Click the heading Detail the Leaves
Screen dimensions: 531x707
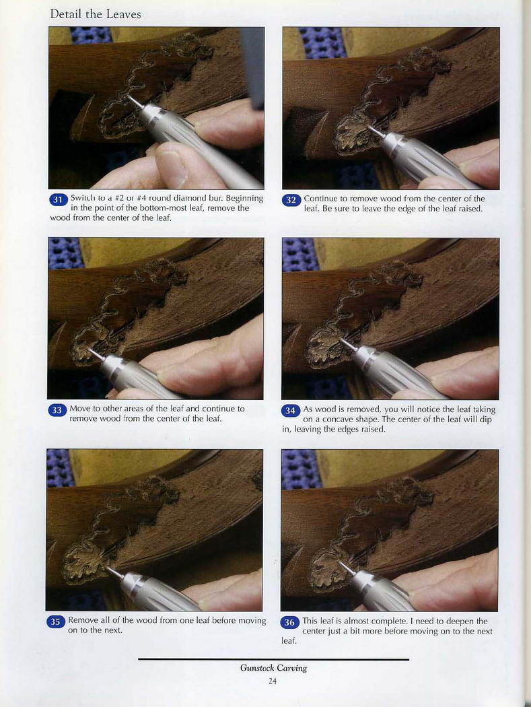tap(95, 14)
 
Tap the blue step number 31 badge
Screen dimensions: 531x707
tap(58, 199)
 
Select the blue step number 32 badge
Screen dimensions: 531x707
tap(291, 200)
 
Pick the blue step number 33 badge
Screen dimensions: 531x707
tap(57, 410)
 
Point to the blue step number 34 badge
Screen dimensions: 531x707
tap(290, 410)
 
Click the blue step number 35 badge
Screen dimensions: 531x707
tap(55, 621)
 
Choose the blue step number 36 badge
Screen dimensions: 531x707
tap(289, 622)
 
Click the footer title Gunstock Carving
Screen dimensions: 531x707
tap(274, 668)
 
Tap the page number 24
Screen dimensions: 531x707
tap(273, 681)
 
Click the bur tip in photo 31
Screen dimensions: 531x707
tap(129, 96)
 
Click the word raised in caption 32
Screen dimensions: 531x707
tap(470, 208)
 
